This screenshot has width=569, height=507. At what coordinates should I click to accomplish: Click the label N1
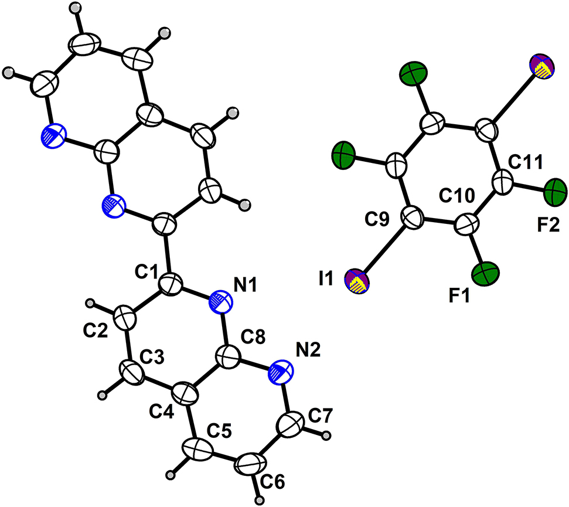click(246, 284)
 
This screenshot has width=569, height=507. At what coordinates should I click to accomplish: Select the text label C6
click(272, 482)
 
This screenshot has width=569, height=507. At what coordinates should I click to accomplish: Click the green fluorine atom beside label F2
click(555, 192)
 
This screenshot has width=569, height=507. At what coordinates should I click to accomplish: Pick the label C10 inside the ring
click(456, 196)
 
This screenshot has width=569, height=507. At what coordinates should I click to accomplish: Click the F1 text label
click(459, 296)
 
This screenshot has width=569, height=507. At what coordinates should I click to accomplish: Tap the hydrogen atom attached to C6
click(259, 500)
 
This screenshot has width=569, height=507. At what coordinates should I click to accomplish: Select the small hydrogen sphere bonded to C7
click(326, 435)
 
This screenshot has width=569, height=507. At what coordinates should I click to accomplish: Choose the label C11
click(525, 162)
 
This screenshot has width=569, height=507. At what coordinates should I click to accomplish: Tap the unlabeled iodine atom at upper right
click(543, 66)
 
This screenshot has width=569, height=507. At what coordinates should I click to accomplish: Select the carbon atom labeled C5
click(197, 450)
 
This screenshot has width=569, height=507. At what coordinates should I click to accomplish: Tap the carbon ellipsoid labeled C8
click(229, 357)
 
